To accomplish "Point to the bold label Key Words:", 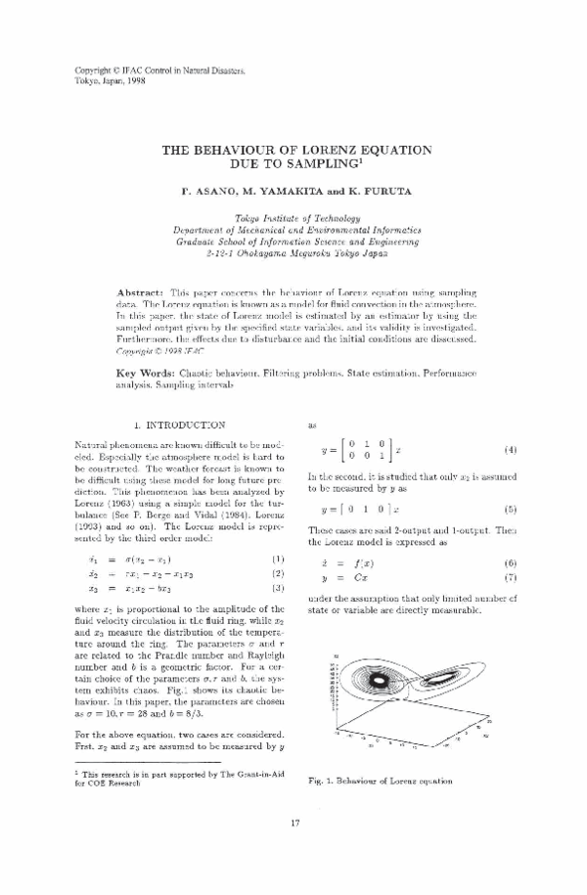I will point(146,374).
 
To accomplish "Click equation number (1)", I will point(277,558).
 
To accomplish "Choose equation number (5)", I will point(510,510).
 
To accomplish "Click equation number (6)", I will point(510,564).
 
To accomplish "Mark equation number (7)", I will point(510,578).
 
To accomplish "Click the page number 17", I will point(294,846).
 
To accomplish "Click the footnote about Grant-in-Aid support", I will point(176,778).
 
